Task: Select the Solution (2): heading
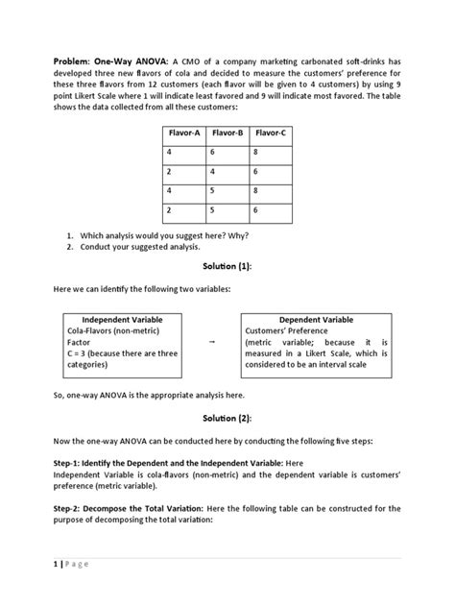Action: click(227, 419)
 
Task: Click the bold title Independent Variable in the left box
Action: click(122, 319)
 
